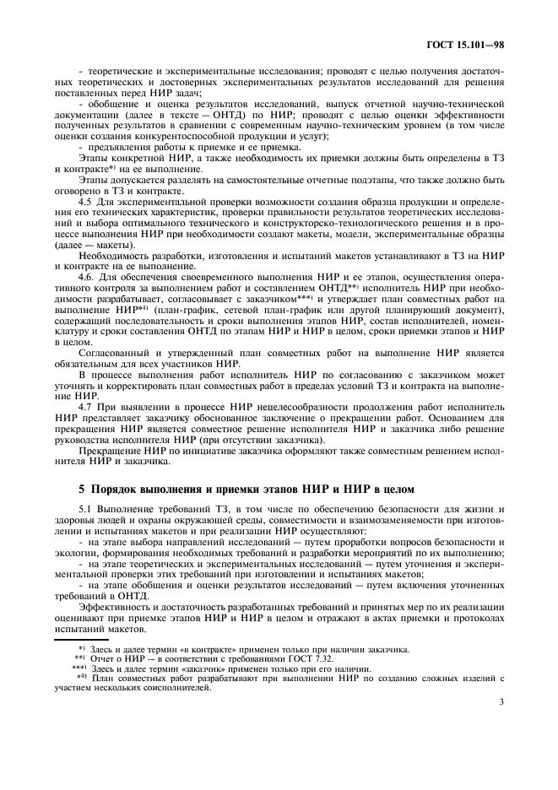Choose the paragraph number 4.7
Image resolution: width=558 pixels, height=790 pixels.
(x=85, y=407)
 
